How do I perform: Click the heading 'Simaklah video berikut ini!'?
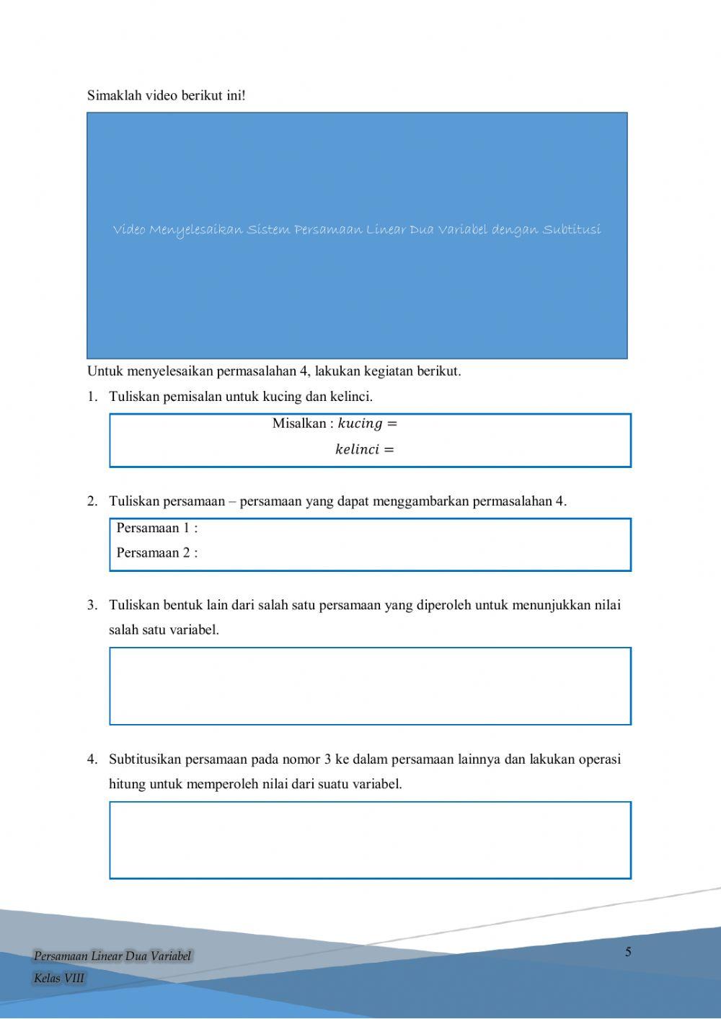166,95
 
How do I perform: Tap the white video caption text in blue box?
357,230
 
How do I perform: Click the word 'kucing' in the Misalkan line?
360,423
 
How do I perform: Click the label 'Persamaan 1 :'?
157,528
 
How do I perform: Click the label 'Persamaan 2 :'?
157,553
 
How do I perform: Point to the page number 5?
628,952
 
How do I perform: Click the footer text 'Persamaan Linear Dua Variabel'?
112,956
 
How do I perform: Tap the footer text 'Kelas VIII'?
59,979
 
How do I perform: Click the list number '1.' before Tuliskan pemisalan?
92,397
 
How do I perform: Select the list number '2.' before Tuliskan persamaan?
92,501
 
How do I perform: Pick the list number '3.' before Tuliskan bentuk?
92,605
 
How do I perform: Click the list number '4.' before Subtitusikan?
92,759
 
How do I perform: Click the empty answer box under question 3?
370,686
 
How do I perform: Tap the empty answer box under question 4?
370,840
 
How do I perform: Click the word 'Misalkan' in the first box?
298,423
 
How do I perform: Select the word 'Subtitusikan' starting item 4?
145,759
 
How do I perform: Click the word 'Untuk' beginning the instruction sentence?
105,371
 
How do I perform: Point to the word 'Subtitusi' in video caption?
572,230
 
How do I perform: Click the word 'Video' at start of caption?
129,230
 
